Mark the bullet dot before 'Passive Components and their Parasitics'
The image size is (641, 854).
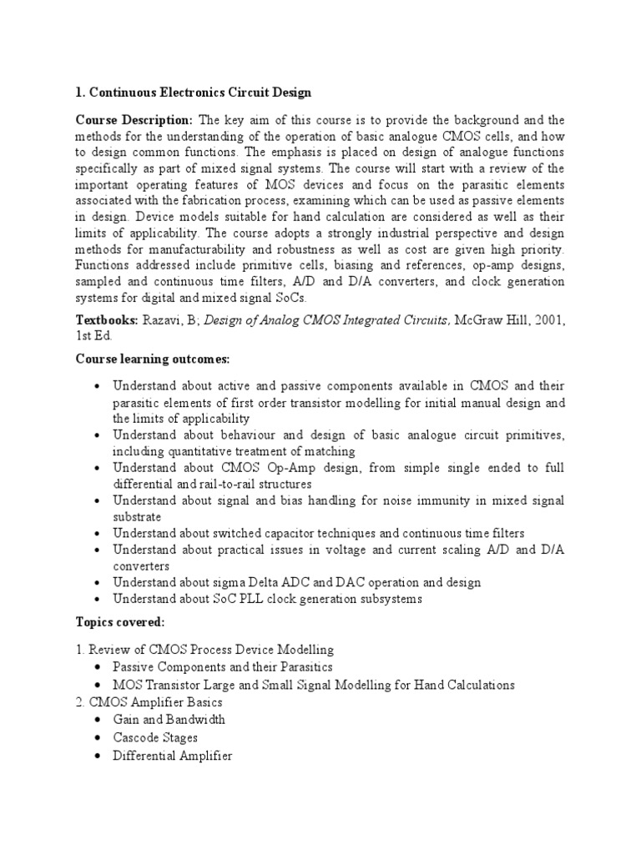pos(98,667)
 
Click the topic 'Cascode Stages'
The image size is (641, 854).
pos(154,737)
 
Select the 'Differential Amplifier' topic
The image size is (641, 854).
pos(172,756)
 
